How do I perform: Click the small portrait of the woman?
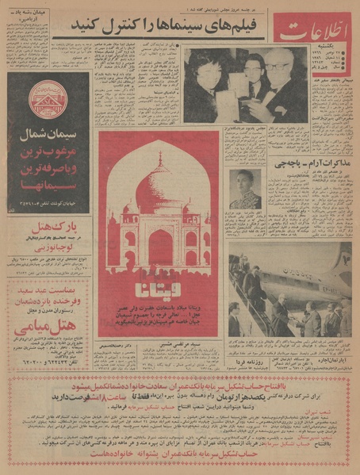245,189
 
